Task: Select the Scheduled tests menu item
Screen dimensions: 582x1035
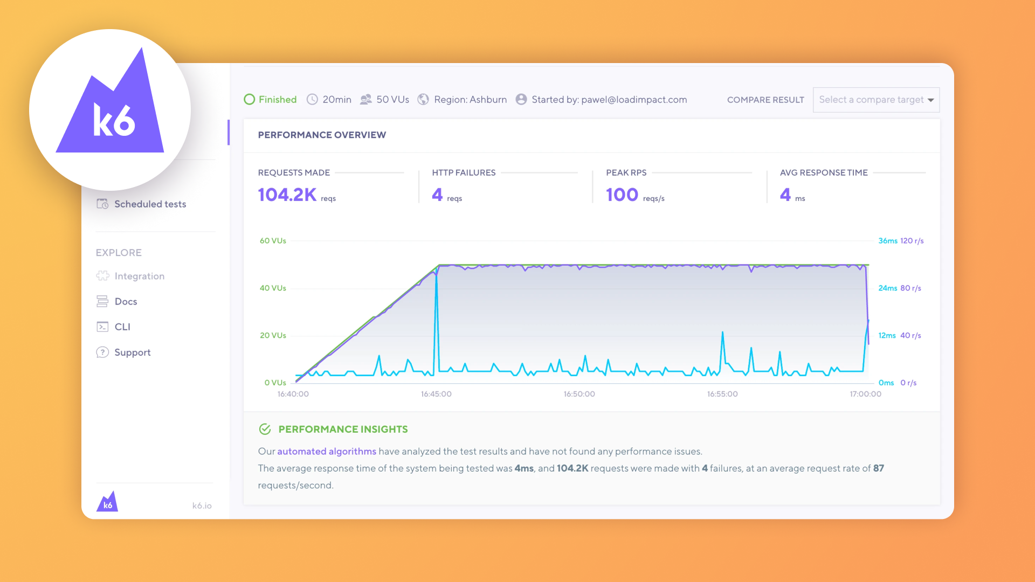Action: point(149,204)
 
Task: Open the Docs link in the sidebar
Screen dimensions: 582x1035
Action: point(126,302)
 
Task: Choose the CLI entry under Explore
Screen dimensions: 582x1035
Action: point(122,327)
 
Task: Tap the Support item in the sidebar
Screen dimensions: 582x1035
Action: point(132,352)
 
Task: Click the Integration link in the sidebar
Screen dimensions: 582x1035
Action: point(139,276)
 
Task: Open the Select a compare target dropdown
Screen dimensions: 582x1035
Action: point(876,100)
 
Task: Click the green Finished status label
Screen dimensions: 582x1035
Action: point(277,100)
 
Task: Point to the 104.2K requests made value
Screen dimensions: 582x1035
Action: point(287,195)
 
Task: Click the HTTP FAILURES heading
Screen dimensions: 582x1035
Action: point(464,173)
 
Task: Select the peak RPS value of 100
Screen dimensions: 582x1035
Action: point(622,195)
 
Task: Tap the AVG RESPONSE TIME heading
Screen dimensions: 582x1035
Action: point(823,173)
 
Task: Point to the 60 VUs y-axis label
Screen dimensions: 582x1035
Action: point(273,241)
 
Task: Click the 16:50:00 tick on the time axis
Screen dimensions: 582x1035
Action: point(579,394)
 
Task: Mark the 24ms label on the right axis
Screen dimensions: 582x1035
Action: point(887,288)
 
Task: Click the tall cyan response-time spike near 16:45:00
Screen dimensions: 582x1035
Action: point(436,302)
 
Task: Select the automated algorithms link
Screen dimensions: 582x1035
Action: point(327,452)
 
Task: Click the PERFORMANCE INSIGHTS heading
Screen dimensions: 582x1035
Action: point(343,429)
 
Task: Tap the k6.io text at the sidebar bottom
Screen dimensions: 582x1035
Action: point(202,505)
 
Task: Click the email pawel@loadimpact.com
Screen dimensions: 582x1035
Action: point(634,100)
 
